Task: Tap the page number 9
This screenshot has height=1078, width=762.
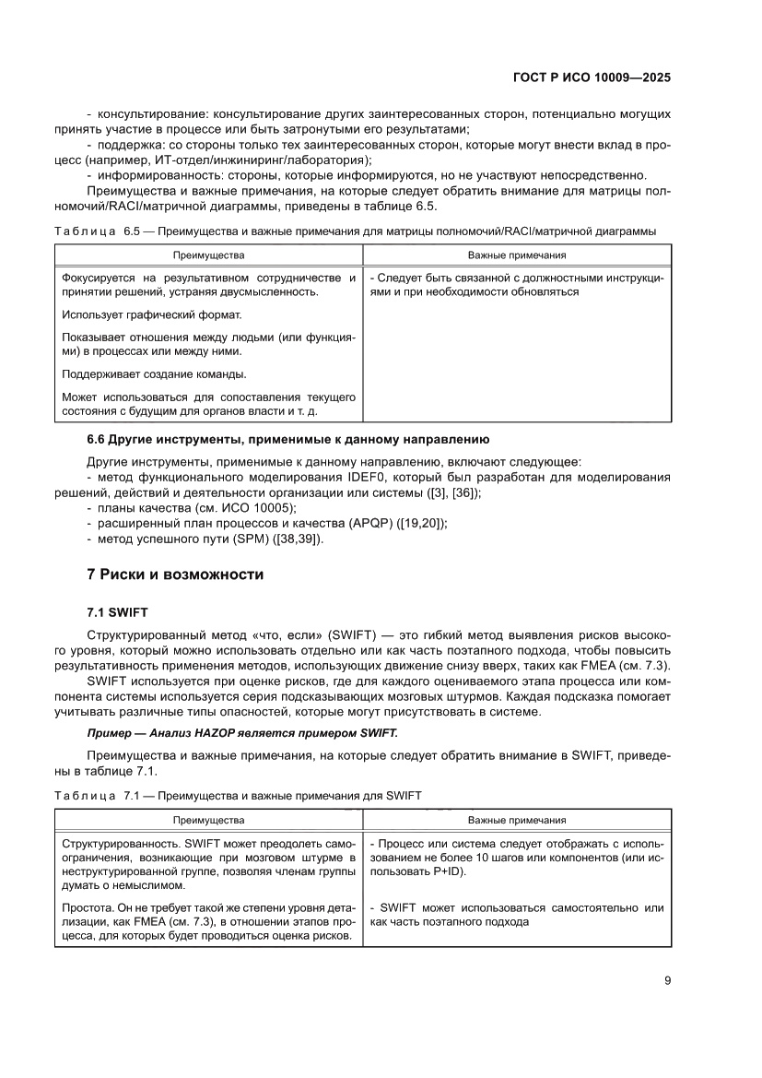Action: click(x=667, y=980)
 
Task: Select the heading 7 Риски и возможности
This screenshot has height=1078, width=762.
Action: click(x=175, y=575)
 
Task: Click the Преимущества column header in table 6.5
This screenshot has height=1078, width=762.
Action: click(x=211, y=255)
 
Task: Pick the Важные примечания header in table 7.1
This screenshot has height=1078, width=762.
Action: click(x=517, y=819)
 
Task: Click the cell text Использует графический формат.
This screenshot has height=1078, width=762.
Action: click(x=150, y=315)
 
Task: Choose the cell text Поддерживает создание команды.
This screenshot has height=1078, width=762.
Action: click(x=154, y=374)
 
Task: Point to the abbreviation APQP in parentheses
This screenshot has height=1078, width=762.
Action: click(x=372, y=523)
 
